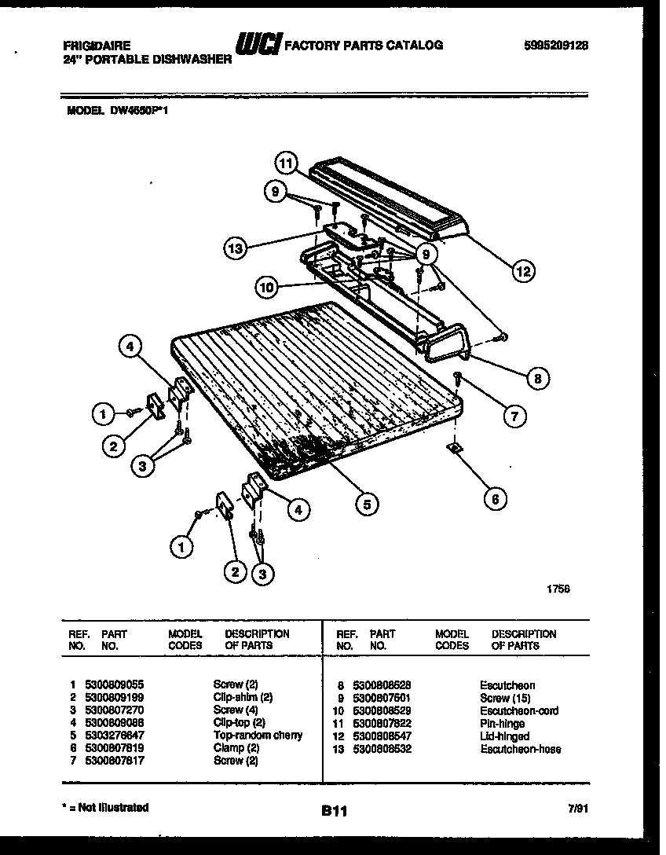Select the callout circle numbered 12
(522, 272)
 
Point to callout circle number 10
(268, 288)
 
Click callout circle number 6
(495, 497)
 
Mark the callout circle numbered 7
(514, 416)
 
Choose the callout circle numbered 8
(537, 378)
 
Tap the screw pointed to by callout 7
(458, 380)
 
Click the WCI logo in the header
(258, 46)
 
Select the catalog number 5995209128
(555, 46)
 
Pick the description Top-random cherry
(258, 736)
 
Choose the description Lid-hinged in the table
(504, 736)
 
